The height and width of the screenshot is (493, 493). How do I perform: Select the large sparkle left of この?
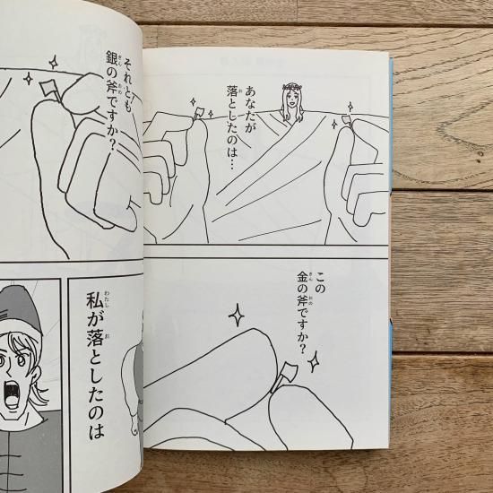237,315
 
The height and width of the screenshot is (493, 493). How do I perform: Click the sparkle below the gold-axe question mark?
313,362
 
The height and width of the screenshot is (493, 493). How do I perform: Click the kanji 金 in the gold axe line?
302,278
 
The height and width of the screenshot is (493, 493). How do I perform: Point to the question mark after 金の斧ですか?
302,349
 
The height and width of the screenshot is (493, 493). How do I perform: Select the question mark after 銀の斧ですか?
112,145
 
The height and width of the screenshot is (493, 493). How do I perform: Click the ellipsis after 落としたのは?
232,163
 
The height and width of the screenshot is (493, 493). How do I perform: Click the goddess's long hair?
291,104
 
